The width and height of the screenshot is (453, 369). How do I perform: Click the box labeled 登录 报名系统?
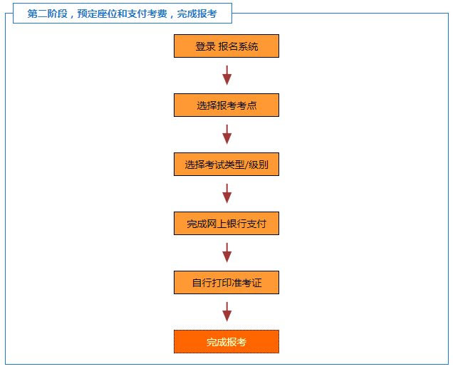pos(226,46)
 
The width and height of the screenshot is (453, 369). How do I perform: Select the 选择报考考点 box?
pos(226,105)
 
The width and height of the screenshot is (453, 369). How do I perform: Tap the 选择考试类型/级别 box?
pos(226,164)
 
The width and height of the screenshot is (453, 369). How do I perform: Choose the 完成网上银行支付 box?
pos(226,224)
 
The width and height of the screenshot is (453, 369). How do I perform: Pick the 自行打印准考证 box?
pos(226,282)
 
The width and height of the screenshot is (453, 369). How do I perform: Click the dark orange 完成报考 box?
pos(226,341)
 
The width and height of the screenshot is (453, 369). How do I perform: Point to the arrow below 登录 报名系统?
pos(226,76)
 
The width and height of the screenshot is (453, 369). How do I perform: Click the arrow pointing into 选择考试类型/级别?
pos(226,135)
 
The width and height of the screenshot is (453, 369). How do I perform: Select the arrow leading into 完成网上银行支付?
pos(226,194)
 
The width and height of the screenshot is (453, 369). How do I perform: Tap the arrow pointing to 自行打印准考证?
pos(226,253)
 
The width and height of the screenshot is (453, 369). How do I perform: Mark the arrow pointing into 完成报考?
pos(226,312)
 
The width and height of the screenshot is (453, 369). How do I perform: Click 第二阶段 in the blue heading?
pos(48,14)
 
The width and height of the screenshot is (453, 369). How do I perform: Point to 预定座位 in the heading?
pos(97,14)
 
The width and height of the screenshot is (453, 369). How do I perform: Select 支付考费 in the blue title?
pos(147,14)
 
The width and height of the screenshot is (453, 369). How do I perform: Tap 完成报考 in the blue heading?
pos(197,14)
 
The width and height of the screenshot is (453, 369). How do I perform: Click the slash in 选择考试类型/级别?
pos(246,165)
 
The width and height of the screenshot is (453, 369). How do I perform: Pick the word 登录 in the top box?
pos(205,46)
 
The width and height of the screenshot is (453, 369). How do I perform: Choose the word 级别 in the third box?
pos(259,165)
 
